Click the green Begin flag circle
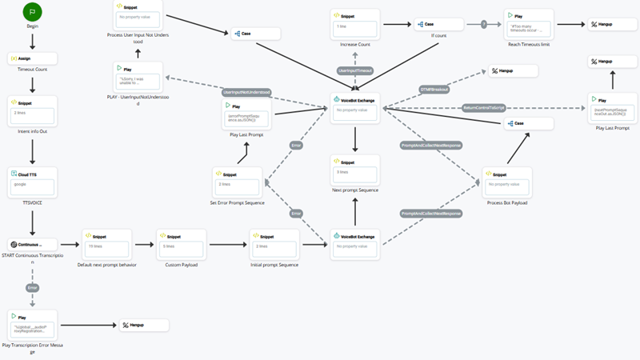(x=32, y=12)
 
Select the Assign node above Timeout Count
(x=32, y=58)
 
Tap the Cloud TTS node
(x=32, y=183)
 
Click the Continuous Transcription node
(x=32, y=244)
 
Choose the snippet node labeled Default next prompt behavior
(x=106, y=243)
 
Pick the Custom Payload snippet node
(x=182, y=243)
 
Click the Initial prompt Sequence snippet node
(x=274, y=243)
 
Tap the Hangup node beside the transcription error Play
(x=144, y=325)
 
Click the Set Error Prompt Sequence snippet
(x=237, y=182)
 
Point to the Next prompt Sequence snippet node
(x=355, y=170)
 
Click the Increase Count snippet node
(x=354, y=25)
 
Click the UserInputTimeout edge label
(x=355, y=70)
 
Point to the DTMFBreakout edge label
(x=434, y=89)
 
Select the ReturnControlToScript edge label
(x=482, y=106)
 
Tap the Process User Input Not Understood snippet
(x=138, y=18)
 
